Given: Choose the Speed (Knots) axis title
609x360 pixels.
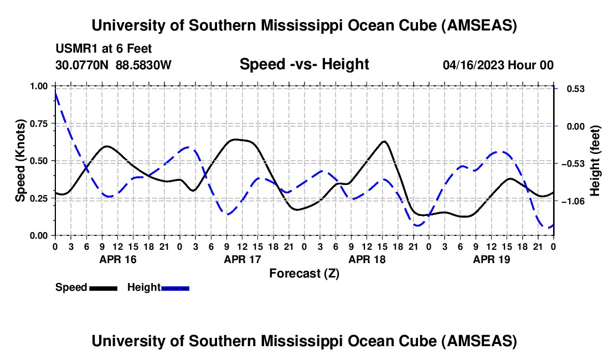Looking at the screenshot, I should point(20,161).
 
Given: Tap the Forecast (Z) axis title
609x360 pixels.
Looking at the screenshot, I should point(304,273).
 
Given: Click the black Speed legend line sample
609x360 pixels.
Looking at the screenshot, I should point(103,287).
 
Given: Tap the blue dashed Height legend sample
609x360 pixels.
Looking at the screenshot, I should point(175,287).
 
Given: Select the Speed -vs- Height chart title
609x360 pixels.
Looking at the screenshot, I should point(304,64).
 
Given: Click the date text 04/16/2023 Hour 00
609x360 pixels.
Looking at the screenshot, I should point(498,65).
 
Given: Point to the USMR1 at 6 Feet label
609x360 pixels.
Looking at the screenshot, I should point(104,49).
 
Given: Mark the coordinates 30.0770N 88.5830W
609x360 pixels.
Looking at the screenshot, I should point(113,65).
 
